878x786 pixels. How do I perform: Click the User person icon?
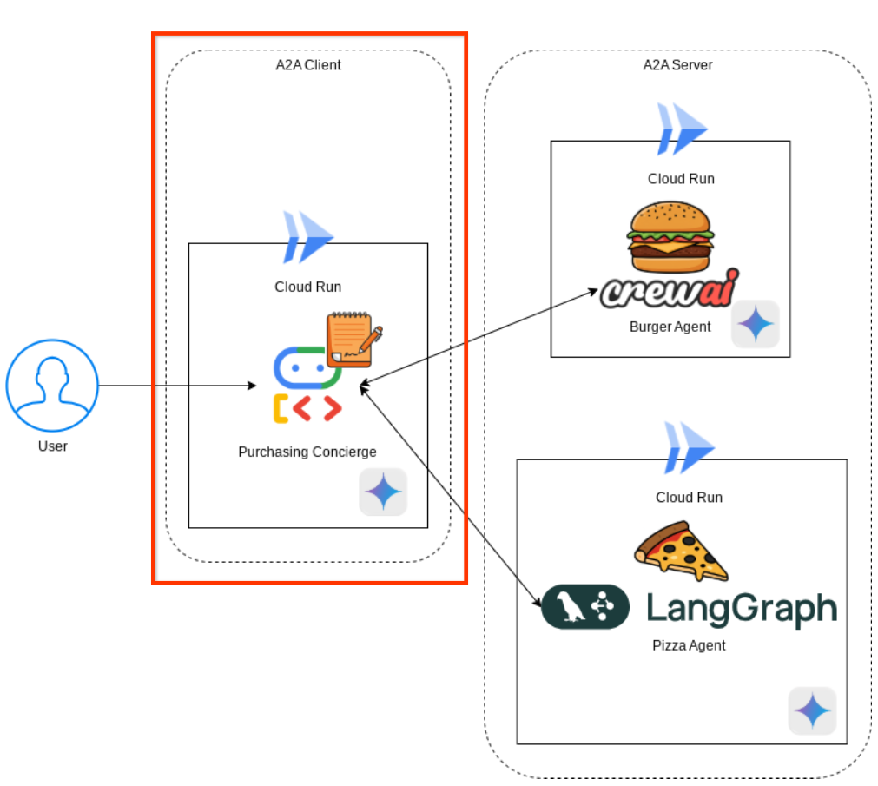click(52, 386)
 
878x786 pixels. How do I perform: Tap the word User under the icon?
click(52, 446)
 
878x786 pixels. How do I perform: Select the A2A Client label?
click(303, 65)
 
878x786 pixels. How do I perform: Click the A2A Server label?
click(677, 65)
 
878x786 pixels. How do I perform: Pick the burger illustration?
click(670, 236)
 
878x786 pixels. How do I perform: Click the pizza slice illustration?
click(681, 551)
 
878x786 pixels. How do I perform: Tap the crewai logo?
click(669, 290)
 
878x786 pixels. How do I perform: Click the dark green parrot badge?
click(584, 607)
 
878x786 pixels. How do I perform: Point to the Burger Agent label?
click(670, 327)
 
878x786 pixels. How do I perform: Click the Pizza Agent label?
click(689, 645)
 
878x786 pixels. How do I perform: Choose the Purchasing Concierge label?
click(307, 452)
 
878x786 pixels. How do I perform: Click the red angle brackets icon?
click(316, 408)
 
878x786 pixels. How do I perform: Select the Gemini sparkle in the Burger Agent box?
click(755, 324)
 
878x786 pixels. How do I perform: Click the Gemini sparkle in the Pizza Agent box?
click(812, 711)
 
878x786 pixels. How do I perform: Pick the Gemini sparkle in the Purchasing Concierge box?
click(383, 492)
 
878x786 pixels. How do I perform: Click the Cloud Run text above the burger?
click(681, 179)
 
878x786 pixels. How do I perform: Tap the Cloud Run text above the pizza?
click(689, 498)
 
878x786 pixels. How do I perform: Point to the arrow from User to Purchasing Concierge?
click(174, 385)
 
